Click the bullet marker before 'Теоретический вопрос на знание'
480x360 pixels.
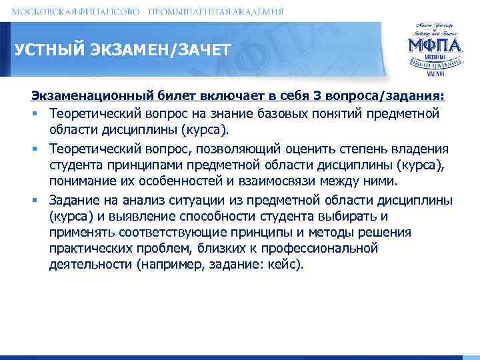click(39, 114)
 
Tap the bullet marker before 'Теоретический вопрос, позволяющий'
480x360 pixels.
click(39, 149)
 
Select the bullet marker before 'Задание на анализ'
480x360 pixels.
click(39, 201)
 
